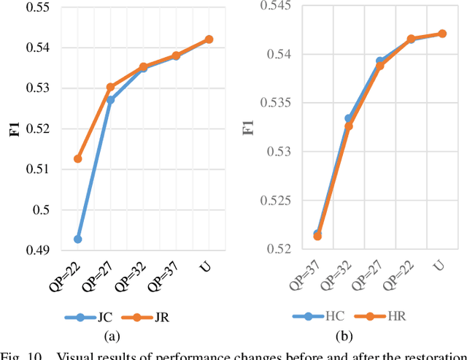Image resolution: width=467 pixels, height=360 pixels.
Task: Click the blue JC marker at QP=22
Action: pyautogui.click(x=77, y=239)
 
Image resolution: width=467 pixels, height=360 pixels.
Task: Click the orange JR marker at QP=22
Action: pyautogui.click(x=77, y=158)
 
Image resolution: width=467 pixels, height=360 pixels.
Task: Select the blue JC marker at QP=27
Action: pyautogui.click(x=110, y=99)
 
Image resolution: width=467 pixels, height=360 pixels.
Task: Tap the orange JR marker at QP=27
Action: pyautogui.click(x=110, y=87)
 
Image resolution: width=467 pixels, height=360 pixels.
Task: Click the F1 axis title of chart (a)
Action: pyautogui.click(x=9, y=129)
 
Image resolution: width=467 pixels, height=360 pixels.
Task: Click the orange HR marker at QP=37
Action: pyautogui.click(x=317, y=236)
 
